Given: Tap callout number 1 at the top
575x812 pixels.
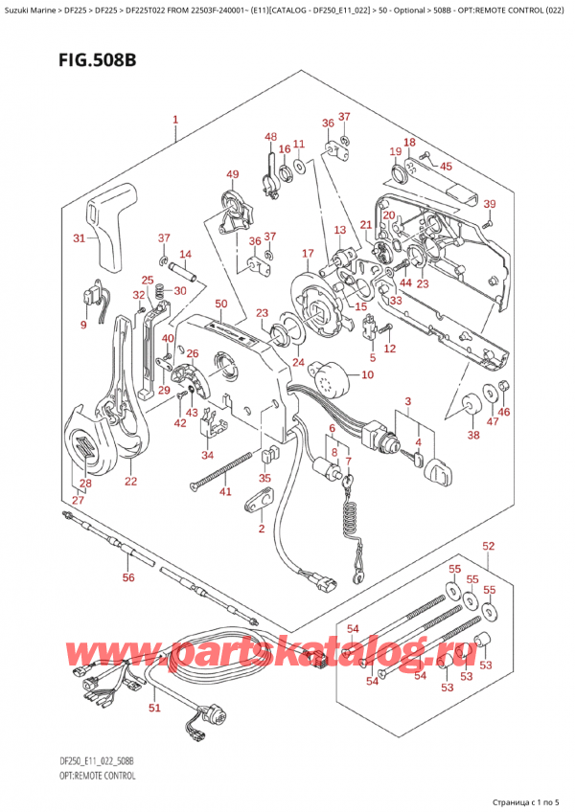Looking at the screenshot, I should pos(175,121).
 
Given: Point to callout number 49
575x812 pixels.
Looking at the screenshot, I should pos(231,174).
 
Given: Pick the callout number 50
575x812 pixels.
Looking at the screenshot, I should pos(220,304).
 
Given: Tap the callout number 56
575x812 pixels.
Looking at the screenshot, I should pos(127,577).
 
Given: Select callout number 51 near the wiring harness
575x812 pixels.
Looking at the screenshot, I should pos(154,709).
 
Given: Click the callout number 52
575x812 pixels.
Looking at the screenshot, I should pos(489,547).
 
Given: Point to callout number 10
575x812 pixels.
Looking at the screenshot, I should pos(367,375).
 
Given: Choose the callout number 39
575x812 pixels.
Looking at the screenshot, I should pos(489,205).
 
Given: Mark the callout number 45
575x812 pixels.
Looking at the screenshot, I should pos(446,166).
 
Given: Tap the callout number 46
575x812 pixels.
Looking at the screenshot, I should pos(504,412).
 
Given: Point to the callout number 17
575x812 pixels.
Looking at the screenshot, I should pos(308,254).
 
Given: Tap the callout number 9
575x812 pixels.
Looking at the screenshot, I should pos(83,325).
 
